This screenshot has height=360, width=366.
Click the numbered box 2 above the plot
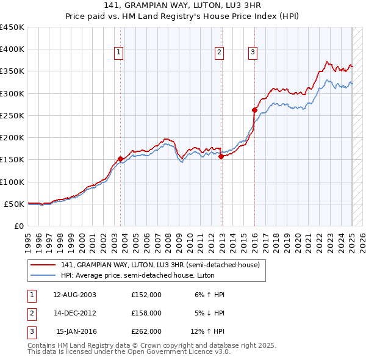pyautogui.click(x=218, y=53)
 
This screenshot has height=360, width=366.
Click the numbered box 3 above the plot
pyautogui.click(x=252, y=53)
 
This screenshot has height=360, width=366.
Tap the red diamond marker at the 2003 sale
pyautogui.click(x=120, y=159)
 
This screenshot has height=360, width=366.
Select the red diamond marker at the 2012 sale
pyautogui.click(x=221, y=156)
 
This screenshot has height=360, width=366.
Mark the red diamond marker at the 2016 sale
pyautogui.click(x=254, y=110)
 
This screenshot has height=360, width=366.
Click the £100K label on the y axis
pyautogui.click(x=12, y=182)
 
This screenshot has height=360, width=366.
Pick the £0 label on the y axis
pyautogui.click(x=18, y=226)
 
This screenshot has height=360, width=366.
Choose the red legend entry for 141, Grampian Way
pyautogui.click(x=160, y=265)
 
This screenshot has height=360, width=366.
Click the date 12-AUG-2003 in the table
pyautogui.click(x=74, y=295)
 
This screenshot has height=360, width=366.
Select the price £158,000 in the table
pyautogui.click(x=146, y=313)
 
